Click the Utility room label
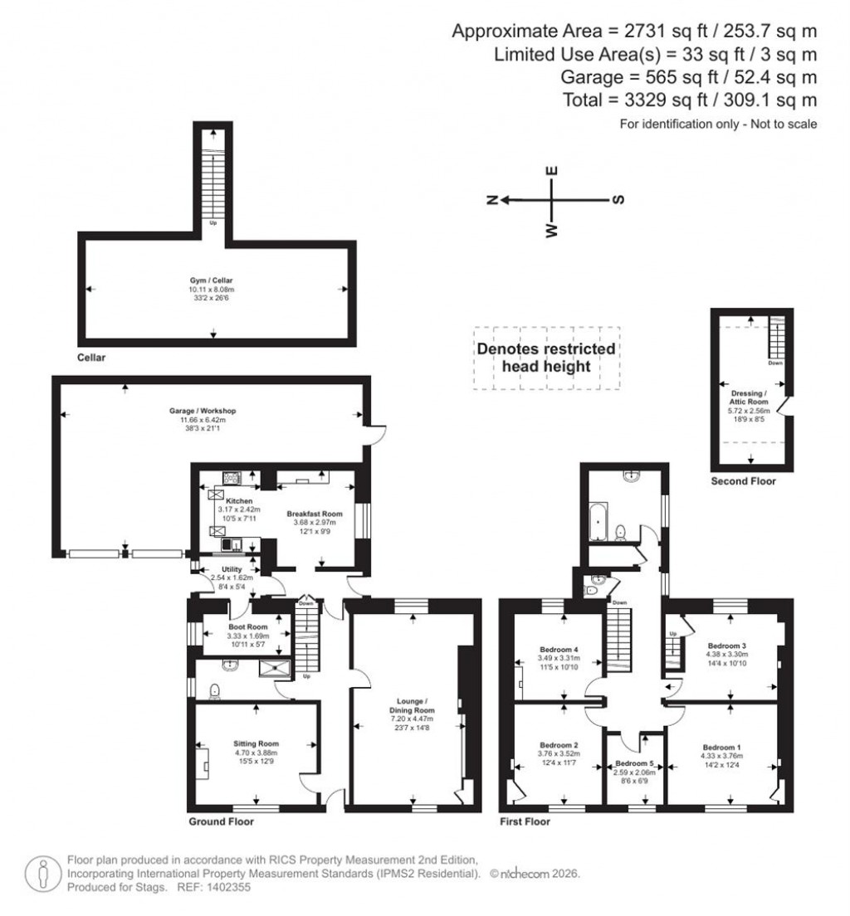226,569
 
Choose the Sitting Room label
258,743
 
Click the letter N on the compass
491,200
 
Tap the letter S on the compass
618,200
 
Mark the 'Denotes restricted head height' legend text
545,357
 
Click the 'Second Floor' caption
743,480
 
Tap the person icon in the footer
42,873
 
